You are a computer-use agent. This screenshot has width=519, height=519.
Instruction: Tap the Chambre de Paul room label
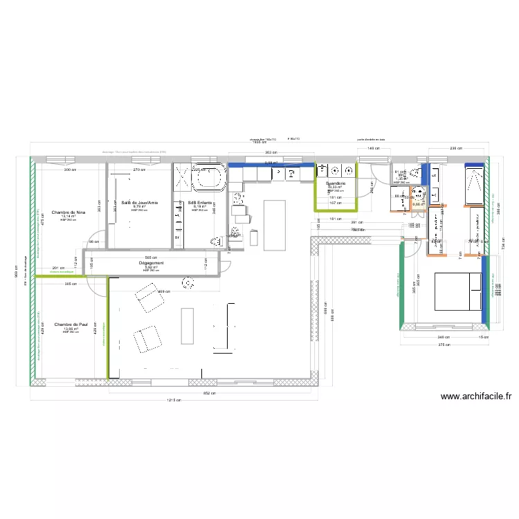(71, 324)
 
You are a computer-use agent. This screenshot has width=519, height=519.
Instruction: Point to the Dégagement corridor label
(151, 263)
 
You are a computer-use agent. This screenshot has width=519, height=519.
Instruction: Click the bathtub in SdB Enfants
(208, 179)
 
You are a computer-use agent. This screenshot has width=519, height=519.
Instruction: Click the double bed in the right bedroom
(457, 291)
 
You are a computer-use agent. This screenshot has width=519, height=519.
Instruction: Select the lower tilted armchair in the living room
(145, 339)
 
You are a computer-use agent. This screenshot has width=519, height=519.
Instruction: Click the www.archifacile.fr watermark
(476, 397)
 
